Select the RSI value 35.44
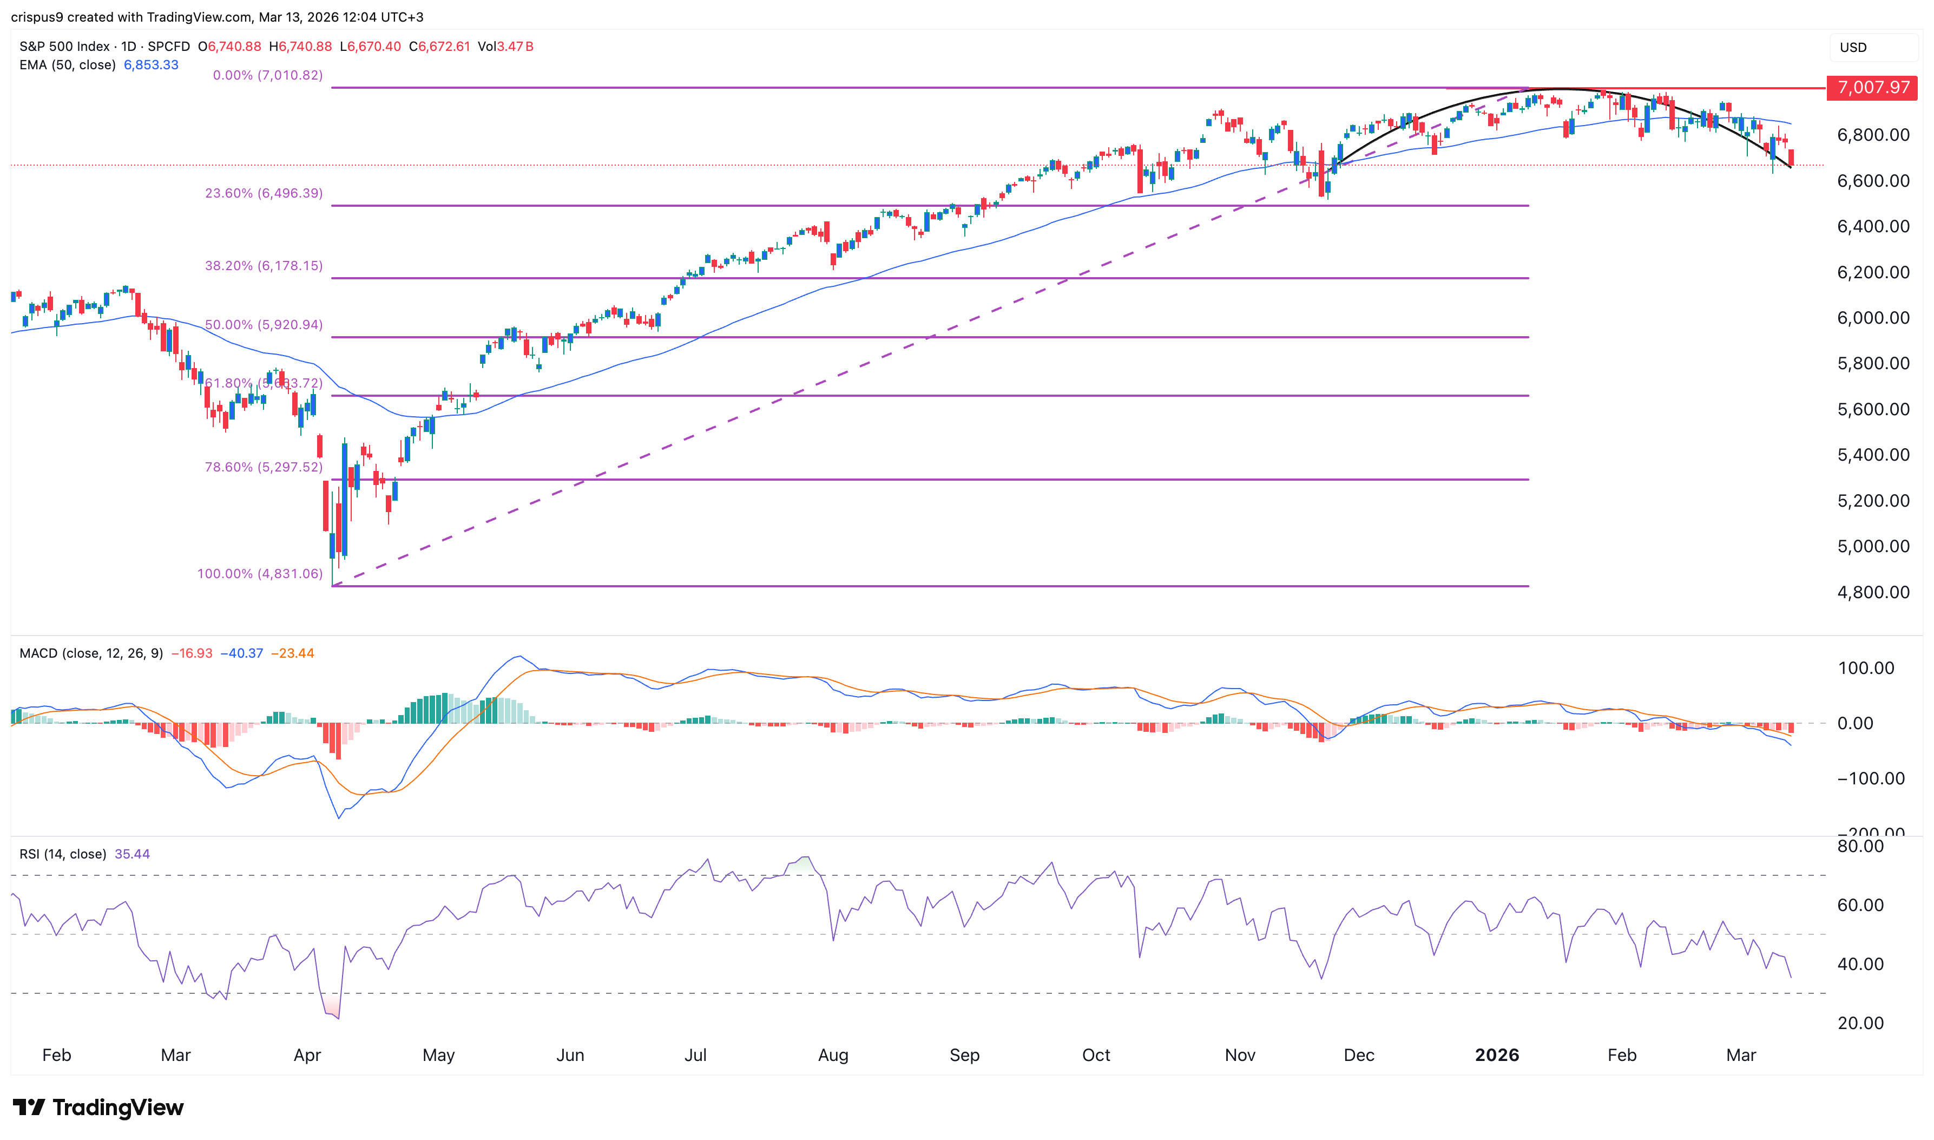[132, 854]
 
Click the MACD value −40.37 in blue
[242, 654]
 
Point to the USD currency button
[1853, 48]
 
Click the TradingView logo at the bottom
[98, 1107]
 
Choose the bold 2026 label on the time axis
[1496, 1056]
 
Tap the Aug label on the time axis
[833, 1056]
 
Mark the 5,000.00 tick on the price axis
[1872, 547]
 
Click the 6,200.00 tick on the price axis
[1872, 273]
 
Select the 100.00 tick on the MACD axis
[1866, 669]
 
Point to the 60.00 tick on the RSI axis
[1860, 906]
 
